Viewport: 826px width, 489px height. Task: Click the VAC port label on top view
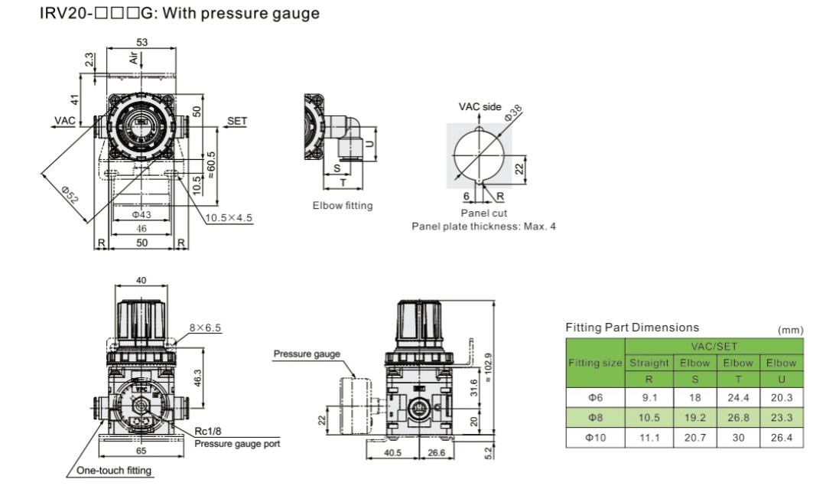click(x=65, y=121)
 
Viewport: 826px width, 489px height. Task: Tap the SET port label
click(x=237, y=121)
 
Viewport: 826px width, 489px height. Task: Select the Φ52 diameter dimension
click(x=69, y=194)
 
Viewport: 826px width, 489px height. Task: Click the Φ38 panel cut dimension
click(x=513, y=112)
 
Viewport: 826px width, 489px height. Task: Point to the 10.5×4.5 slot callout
click(x=229, y=217)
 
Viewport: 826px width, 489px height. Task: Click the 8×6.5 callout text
click(x=206, y=328)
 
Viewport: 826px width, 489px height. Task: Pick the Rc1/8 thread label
click(x=207, y=431)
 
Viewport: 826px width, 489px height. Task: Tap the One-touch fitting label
click(x=114, y=470)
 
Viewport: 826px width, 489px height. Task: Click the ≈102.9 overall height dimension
click(x=488, y=368)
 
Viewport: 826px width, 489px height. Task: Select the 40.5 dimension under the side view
click(x=392, y=452)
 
